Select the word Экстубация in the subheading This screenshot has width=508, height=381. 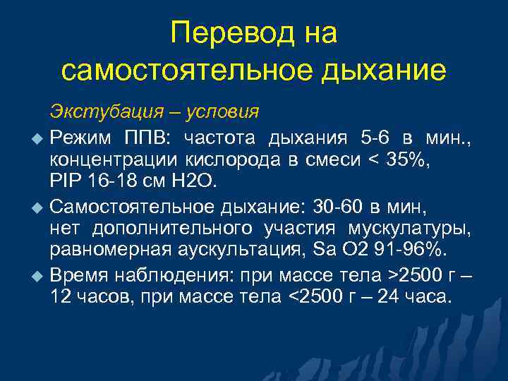pyautogui.click(x=98, y=111)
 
